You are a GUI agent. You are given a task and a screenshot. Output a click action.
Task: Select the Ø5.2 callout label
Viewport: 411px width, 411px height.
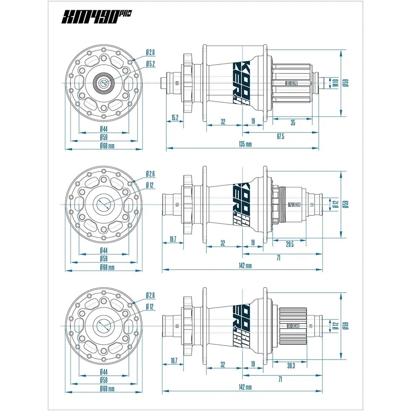[151, 63]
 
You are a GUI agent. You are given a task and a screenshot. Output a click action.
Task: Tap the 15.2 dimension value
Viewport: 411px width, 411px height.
[175, 118]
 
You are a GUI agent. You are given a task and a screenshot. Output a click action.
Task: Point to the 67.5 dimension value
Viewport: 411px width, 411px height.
[280, 136]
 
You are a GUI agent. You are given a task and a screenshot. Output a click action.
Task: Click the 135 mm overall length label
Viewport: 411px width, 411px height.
[245, 144]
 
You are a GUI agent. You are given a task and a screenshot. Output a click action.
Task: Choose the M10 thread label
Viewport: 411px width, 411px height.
[336, 83]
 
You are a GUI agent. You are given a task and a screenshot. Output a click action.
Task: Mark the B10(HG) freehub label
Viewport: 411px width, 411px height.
[291, 83]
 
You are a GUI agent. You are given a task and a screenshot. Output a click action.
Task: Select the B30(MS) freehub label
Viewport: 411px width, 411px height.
[293, 326]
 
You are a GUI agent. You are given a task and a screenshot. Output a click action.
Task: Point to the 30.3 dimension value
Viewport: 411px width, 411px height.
[291, 365]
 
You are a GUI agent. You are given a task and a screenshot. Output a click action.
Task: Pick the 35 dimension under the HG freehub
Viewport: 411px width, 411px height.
[293, 123]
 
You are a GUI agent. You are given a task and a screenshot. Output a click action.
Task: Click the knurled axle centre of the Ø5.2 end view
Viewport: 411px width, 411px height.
[104, 83]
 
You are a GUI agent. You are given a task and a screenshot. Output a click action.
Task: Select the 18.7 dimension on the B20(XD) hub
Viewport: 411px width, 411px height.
[173, 239]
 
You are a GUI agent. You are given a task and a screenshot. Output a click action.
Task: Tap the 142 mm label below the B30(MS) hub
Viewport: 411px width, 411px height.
[245, 387]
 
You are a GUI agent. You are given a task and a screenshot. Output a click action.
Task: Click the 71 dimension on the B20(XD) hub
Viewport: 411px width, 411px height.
[278, 258]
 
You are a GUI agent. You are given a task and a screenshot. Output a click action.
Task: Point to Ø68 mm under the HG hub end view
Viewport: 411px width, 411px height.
[107, 146]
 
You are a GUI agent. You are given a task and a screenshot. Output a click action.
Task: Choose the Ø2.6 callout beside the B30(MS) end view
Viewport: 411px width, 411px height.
[151, 295]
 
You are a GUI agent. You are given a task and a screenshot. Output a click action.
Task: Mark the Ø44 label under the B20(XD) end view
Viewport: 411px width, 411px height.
[104, 250]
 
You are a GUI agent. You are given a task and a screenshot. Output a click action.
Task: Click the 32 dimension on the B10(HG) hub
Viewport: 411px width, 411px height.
[223, 121]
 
